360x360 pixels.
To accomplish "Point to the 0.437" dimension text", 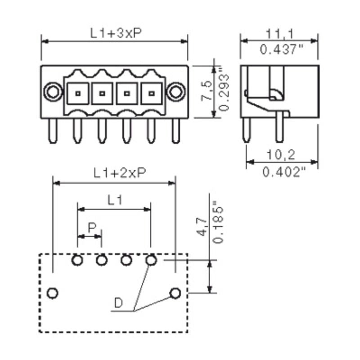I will tap(279, 49).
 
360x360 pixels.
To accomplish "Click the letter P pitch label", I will tap(91, 228).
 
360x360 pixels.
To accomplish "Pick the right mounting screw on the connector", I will tap(175, 92).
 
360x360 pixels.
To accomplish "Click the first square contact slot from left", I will tap(78, 94).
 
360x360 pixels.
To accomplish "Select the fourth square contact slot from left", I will tap(152, 94).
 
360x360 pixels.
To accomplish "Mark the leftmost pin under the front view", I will tap(53, 131).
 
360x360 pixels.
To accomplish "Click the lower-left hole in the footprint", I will tap(53, 293).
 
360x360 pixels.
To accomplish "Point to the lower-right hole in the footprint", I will tap(175, 293).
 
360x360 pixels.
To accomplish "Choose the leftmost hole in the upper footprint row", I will tap(77, 260).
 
